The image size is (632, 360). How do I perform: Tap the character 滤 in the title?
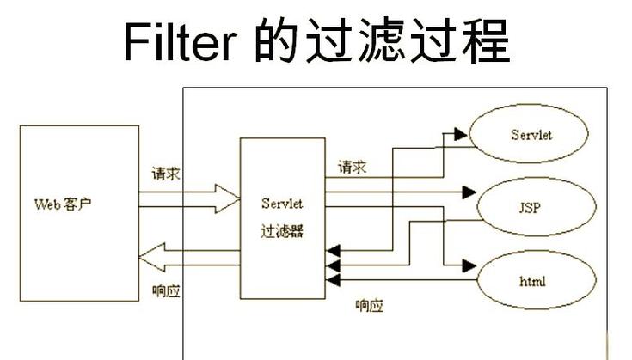pos(377,40)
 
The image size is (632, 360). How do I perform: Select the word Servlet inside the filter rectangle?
pos(282,204)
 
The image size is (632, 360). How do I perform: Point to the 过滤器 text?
pos(282,231)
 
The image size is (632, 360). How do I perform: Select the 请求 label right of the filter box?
pos(352,167)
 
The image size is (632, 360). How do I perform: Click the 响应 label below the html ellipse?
pos(370,306)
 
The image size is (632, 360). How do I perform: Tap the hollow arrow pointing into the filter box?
pos(227,200)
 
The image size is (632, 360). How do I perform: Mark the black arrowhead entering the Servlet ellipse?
pos(460,133)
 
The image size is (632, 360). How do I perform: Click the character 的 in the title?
pos(276,40)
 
